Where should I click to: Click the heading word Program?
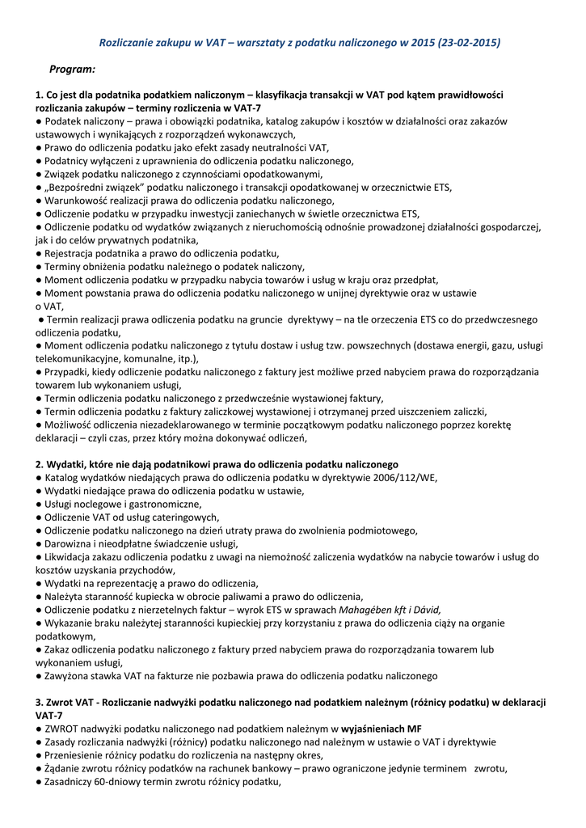(73, 70)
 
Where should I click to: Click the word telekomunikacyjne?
(79, 359)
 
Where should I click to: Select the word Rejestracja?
(73, 253)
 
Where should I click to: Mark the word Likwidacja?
(71, 557)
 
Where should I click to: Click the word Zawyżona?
(70, 676)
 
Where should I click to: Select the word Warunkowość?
(79, 201)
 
